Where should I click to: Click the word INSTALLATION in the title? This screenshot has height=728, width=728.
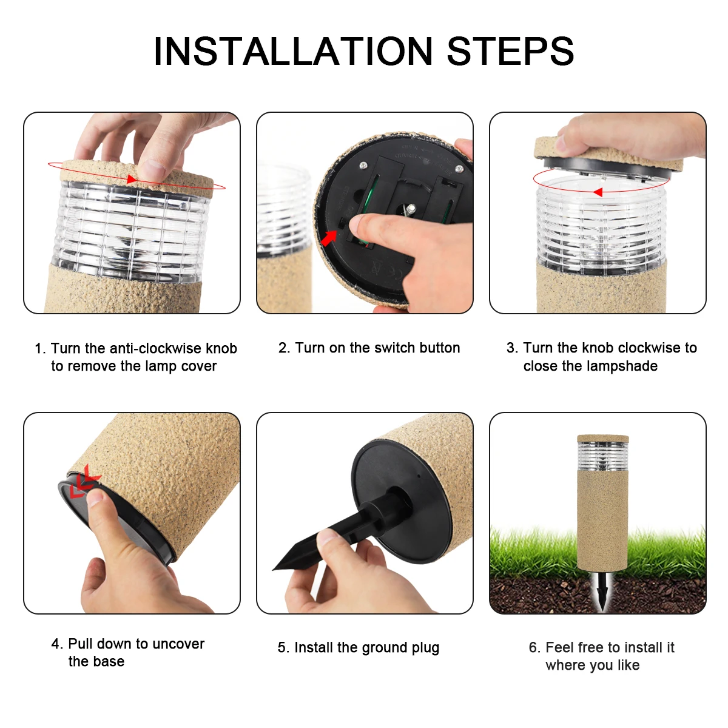293,51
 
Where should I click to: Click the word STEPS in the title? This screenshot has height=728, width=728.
510,51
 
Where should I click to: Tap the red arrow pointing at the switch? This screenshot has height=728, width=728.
329,238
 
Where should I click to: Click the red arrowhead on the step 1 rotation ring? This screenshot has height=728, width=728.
131,179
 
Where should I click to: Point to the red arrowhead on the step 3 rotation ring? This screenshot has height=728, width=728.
598,192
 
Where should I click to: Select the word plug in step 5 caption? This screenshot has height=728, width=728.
425,649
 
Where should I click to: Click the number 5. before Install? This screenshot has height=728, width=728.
284,648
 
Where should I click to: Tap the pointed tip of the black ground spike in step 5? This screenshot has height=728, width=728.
273,569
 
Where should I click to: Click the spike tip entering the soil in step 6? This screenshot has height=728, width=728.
602,608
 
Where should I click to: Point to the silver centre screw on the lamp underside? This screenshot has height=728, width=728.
410,208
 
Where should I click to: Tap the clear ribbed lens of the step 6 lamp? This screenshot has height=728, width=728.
602,456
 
